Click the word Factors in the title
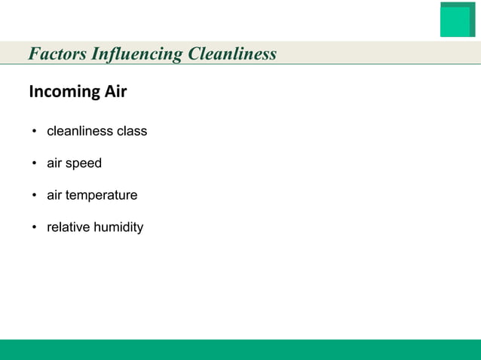[x=57, y=54]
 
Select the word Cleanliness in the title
[x=231, y=54]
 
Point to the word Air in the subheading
[x=114, y=93]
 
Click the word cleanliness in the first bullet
[x=79, y=131]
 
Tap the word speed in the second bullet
[x=84, y=163]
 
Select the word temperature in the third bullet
[x=101, y=196]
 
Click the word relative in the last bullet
[x=68, y=227]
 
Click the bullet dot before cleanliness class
[x=35, y=132]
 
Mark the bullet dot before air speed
[x=35, y=164]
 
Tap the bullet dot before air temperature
[x=35, y=196]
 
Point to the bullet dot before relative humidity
[x=35, y=228]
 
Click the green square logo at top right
[x=457, y=20]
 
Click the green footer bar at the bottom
[x=240, y=349]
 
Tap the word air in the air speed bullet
[x=55, y=163]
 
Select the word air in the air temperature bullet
[x=55, y=196]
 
